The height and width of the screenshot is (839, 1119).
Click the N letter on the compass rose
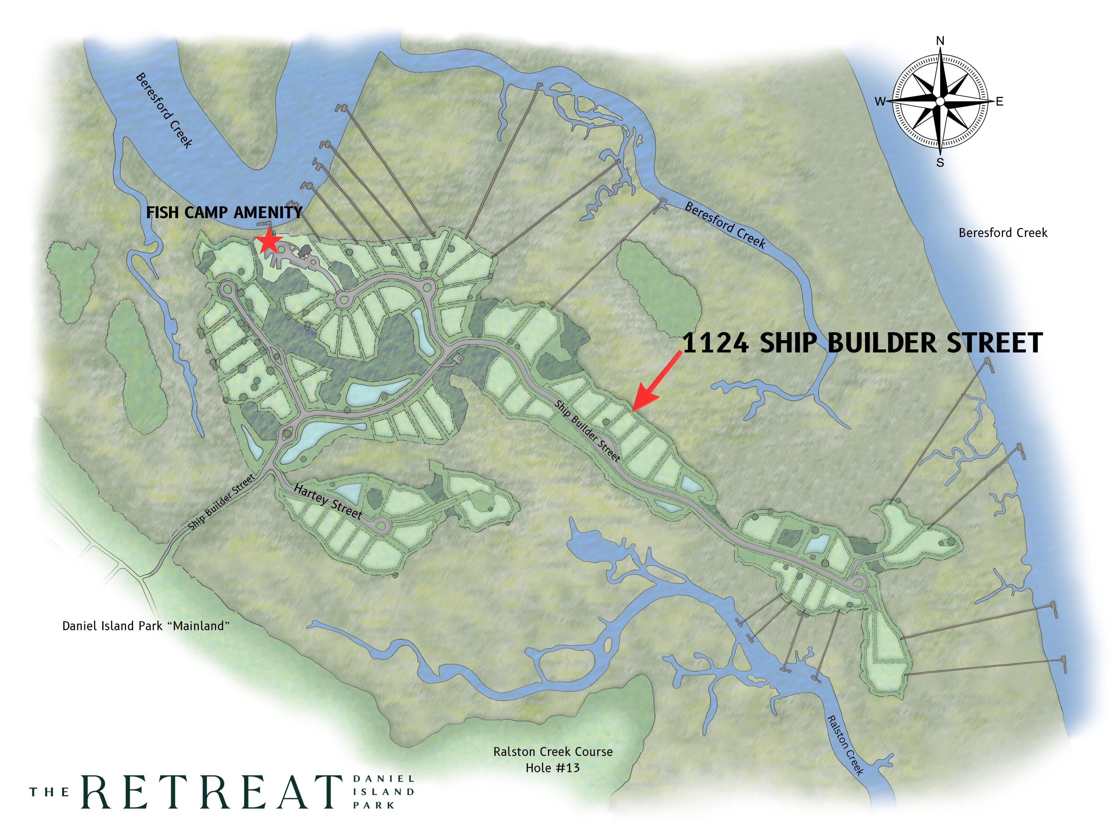tap(940, 40)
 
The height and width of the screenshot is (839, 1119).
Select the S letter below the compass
tap(940, 163)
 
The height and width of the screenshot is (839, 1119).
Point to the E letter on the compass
tap(1000, 102)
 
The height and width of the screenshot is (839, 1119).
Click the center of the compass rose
tap(940, 102)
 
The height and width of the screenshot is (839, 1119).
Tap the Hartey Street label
tap(328, 502)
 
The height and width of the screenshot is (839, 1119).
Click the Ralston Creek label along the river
tap(844, 745)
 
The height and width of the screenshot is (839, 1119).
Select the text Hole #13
tap(552, 768)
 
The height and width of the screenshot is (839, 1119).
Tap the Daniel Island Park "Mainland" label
tap(146, 626)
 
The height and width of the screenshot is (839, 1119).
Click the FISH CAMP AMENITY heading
tap(224, 213)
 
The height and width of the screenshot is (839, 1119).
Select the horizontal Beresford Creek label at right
tap(1003, 233)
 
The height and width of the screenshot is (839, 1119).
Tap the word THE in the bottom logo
tap(49, 792)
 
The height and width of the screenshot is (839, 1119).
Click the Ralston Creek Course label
tap(553, 751)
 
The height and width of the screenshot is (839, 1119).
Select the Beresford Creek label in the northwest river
tap(164, 111)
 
